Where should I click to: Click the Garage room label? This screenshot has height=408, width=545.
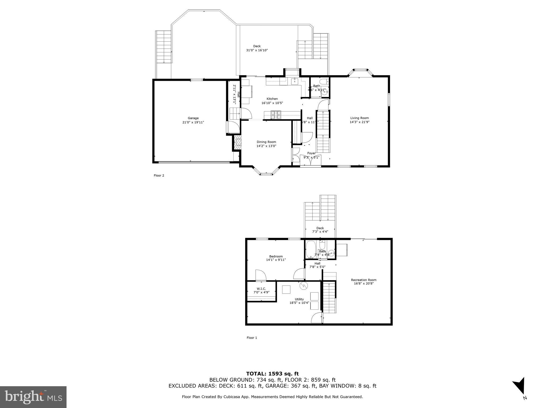coord(193,118)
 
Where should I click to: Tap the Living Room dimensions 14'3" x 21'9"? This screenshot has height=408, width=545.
coord(360,122)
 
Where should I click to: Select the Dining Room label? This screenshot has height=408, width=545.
coord(266,142)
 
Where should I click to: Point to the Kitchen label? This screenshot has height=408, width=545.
coord(272,99)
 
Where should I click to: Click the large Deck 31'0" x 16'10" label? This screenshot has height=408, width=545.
coord(257,48)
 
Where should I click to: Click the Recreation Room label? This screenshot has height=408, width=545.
coord(364,280)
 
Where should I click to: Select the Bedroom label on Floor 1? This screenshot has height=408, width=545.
coord(276,256)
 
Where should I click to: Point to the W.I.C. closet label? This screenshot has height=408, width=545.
coord(261,289)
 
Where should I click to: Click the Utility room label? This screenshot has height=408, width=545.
coord(299,299)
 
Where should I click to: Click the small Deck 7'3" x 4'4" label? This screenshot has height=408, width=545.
coord(320,230)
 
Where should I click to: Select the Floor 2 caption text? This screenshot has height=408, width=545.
coord(159,175)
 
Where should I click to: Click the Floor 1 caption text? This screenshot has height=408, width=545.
coord(252,338)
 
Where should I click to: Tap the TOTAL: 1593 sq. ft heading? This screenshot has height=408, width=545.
coord(272,374)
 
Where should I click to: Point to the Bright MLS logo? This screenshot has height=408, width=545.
coord(33,397)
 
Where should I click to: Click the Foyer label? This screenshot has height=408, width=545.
coord(311,153)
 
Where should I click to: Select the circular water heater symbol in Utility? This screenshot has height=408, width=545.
coord(303,286)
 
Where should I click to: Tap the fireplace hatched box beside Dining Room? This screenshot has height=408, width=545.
coord(237,143)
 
